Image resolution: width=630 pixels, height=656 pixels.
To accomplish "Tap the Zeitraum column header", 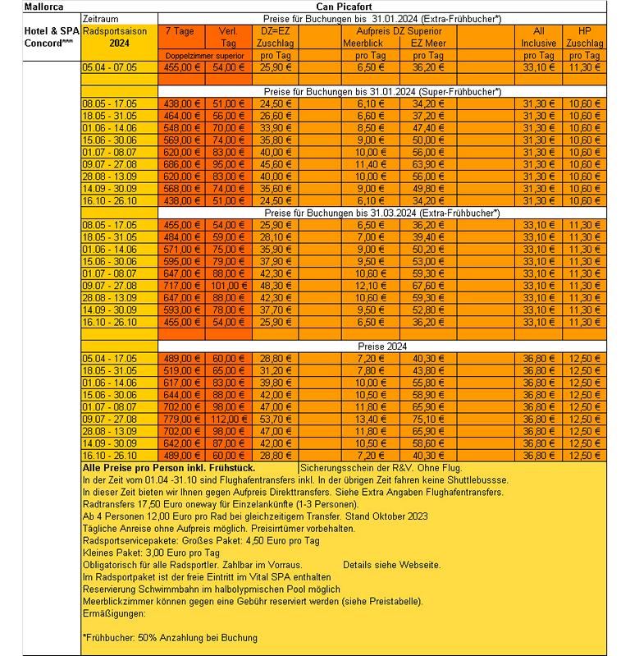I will [102, 17].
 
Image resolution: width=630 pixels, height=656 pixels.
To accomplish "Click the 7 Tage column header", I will [180, 30].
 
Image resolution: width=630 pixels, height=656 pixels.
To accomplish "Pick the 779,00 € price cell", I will [182, 418].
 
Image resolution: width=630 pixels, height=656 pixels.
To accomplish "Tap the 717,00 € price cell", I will [182, 285].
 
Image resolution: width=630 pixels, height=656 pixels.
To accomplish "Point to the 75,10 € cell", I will [428, 418].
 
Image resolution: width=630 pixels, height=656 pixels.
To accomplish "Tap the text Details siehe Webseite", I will [392, 565].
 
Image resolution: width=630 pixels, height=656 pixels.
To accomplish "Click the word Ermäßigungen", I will [113, 613].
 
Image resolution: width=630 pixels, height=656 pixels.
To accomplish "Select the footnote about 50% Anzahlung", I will [170, 637].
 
